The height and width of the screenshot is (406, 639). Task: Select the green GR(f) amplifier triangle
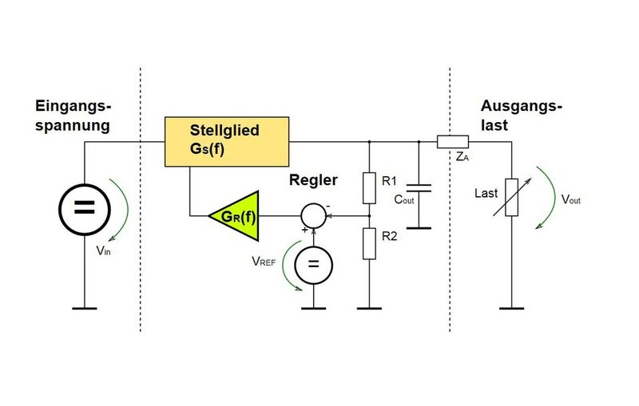[235, 215]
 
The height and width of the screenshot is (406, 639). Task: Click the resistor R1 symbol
[368, 187]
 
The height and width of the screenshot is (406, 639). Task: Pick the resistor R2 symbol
[368, 242]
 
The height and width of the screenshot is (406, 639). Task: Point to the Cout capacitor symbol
[419, 188]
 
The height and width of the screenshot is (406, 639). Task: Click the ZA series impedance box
[453, 142]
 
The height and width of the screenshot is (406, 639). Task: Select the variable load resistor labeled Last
[512, 197]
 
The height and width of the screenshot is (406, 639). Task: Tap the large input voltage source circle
[84, 208]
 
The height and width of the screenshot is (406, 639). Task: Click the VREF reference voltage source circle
[314, 265]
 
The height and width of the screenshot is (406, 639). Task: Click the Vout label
[570, 199]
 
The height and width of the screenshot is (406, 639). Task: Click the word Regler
[313, 180]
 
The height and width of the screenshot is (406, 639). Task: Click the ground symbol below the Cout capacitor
[419, 227]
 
